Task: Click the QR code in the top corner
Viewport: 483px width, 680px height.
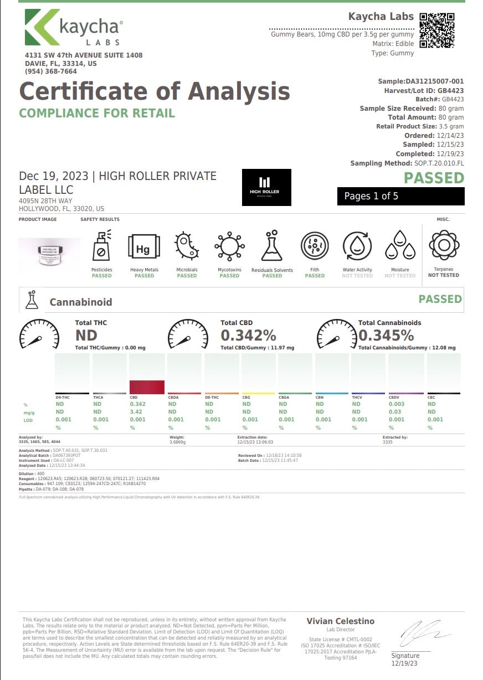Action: click(438, 30)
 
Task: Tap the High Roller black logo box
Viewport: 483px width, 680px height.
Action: click(266, 188)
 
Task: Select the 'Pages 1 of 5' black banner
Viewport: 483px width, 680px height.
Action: click(400, 196)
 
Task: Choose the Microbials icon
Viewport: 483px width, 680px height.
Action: click(187, 246)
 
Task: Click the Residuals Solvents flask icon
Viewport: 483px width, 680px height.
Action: click(272, 246)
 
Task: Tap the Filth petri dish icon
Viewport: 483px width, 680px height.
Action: click(315, 246)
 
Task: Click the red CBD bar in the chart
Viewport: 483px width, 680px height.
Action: click(147, 387)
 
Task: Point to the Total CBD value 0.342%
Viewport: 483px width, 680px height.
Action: click(248, 336)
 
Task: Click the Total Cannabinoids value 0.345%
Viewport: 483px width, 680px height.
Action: click(386, 336)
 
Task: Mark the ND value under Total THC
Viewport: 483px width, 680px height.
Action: click(86, 336)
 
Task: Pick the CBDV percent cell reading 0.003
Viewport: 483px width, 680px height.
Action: click(396, 404)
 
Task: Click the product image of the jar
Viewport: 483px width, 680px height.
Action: click(49, 253)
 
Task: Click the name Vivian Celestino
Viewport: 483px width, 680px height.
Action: click(341, 621)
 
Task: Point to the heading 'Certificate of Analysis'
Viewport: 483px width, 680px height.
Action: click(155, 91)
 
